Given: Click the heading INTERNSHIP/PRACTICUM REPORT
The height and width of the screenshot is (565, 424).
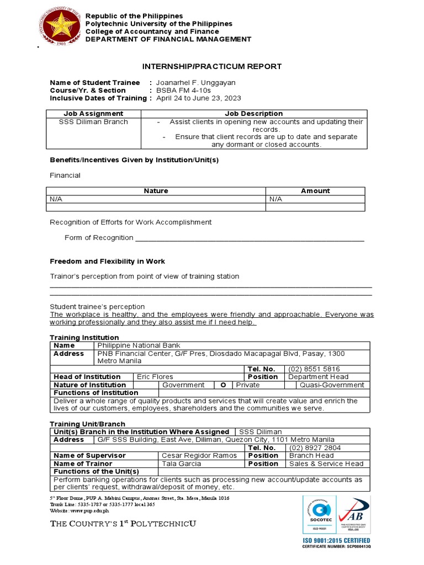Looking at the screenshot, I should (x=212, y=67).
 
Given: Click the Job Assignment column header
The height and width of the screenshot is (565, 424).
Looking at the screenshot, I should (x=93, y=114).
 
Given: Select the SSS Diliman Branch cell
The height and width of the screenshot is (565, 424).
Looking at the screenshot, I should (x=93, y=122).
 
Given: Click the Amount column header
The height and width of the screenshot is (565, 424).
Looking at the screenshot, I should (x=315, y=191).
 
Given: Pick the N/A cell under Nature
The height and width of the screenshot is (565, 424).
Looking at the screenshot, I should (x=56, y=199).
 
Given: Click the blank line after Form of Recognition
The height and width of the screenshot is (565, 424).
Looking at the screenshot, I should (x=250, y=238).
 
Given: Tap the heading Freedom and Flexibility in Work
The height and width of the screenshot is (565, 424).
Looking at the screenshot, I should (x=107, y=262).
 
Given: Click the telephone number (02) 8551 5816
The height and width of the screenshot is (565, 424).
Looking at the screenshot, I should (x=314, y=369).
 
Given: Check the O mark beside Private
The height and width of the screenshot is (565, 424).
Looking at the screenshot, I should (x=223, y=385).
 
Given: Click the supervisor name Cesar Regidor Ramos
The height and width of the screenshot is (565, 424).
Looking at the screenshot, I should (x=199, y=456).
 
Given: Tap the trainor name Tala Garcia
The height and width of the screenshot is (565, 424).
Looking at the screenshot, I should (x=181, y=464).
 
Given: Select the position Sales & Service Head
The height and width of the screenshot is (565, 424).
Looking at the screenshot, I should (x=326, y=464).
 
